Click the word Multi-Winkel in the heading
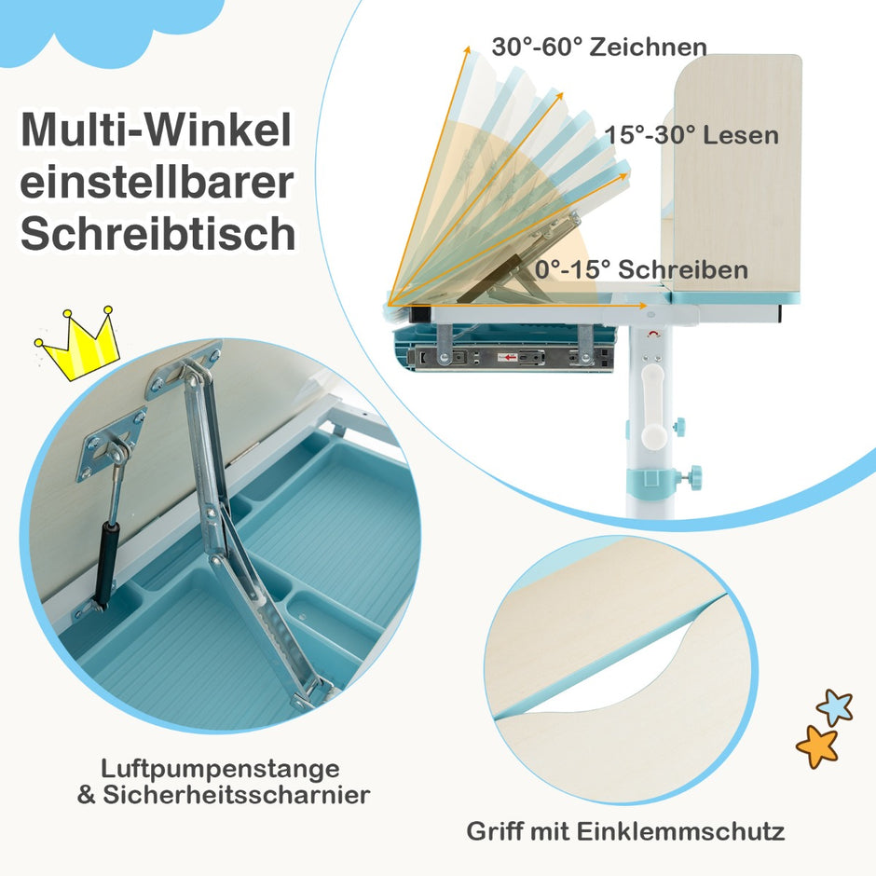click(x=156, y=130)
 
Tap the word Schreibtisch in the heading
click(x=158, y=234)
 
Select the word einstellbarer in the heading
click(x=157, y=182)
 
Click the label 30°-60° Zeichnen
click(x=599, y=47)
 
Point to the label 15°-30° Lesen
click(x=691, y=135)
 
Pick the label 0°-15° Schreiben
click(x=641, y=269)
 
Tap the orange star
click(x=817, y=746)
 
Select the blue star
click(x=835, y=706)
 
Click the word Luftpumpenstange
click(x=220, y=769)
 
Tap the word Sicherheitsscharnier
click(x=237, y=795)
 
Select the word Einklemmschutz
click(x=680, y=831)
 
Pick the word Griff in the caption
click(x=495, y=831)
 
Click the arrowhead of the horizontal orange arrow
click(x=644, y=306)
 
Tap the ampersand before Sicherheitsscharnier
click(x=87, y=795)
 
